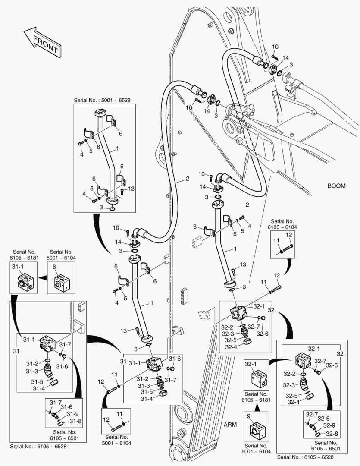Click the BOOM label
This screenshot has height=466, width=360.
336,186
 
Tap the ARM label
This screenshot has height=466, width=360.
230,424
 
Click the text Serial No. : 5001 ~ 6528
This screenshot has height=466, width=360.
102,100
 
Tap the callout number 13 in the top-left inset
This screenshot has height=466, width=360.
131,189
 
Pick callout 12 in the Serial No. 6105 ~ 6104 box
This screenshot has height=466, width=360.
289,235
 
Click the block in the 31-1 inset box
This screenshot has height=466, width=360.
23,283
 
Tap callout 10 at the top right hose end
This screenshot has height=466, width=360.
275,47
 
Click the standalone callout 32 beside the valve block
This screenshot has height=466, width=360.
271,310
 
